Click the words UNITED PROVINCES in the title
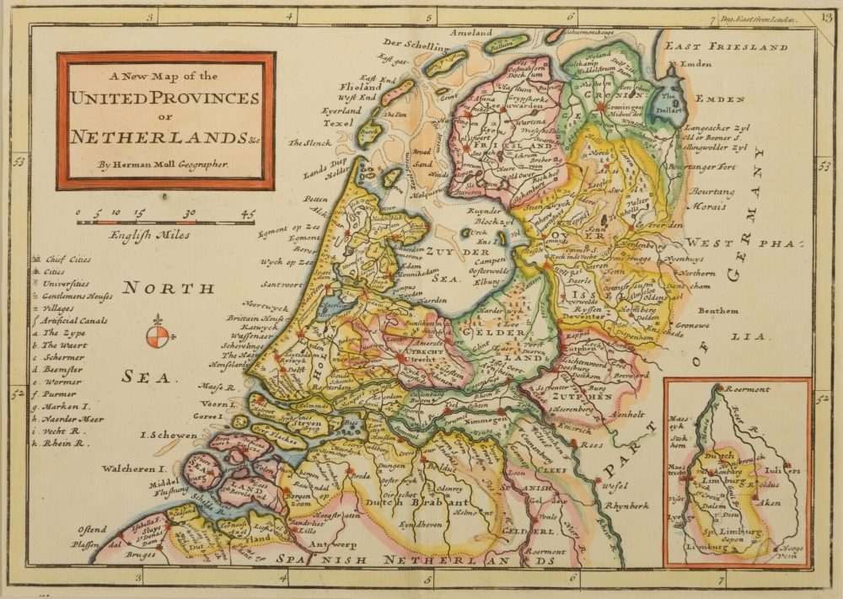click(164, 99)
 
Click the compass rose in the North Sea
click(158, 335)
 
